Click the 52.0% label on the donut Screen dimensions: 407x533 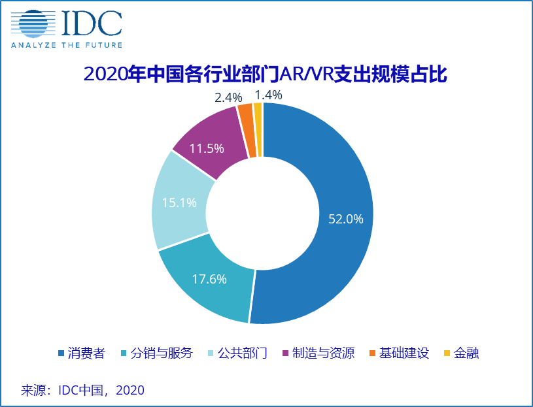[x=345, y=220]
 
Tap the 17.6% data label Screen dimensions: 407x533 [x=209, y=279]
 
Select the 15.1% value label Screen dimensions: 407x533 [x=179, y=203]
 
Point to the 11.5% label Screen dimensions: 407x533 [x=207, y=148]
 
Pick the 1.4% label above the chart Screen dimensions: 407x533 [x=269, y=95]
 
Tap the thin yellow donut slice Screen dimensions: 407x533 [x=258, y=129]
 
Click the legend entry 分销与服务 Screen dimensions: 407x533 [x=161, y=353]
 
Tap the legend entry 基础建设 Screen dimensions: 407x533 [x=405, y=353]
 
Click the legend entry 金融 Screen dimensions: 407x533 [x=467, y=353]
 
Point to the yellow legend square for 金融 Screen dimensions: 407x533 [x=447, y=353]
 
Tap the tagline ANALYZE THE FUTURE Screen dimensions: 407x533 [x=66, y=45]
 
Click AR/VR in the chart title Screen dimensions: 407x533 [x=303, y=74]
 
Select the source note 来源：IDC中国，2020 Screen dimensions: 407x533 [x=82, y=390]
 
